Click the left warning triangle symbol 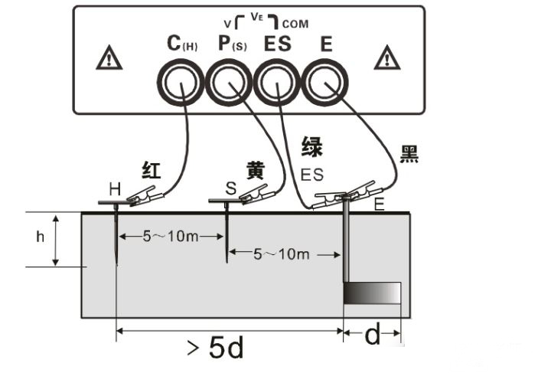[109, 58]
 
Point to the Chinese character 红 [152, 170]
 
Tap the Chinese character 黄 [256, 171]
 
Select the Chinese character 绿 [311, 146]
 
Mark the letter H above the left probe [115, 188]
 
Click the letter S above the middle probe [230, 188]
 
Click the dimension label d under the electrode [372, 335]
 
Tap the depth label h [41, 237]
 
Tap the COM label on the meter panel [295, 25]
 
